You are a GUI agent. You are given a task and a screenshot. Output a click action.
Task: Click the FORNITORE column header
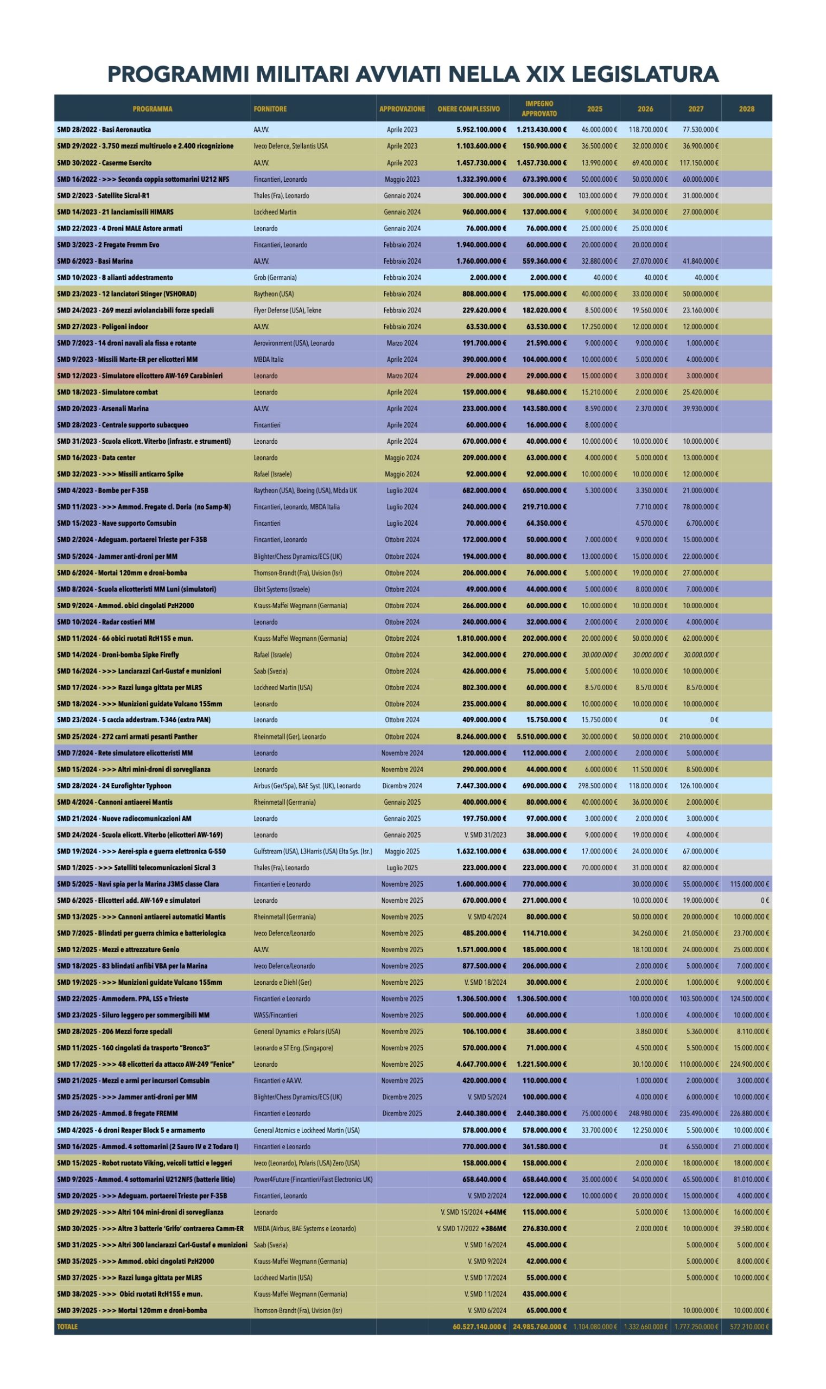point(270,109)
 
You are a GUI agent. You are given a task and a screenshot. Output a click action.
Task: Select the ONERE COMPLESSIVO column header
point(469,109)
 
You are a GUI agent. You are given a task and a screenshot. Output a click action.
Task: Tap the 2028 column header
point(746,109)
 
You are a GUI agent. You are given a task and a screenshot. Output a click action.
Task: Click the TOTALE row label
point(67,1327)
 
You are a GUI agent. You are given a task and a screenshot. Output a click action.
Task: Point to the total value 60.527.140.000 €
point(479,1327)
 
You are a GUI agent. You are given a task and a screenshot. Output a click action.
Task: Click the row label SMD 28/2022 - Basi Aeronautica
point(104,130)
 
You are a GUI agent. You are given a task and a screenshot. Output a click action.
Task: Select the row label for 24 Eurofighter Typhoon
point(114,786)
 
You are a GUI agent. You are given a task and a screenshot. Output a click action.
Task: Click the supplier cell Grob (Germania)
point(275,278)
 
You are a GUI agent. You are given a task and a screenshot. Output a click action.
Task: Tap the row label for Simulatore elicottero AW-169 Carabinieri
point(139,376)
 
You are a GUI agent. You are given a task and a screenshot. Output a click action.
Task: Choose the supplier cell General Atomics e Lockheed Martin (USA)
point(306,1130)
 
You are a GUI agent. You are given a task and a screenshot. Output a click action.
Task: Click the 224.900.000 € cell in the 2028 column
point(749,1065)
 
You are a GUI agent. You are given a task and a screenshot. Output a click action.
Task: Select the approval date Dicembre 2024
point(402,786)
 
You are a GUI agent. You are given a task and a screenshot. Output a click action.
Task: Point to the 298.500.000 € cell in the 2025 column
point(597,786)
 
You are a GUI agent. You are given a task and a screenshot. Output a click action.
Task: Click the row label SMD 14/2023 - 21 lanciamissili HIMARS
point(115,212)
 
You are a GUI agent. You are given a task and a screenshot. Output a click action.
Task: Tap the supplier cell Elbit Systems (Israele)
point(282,589)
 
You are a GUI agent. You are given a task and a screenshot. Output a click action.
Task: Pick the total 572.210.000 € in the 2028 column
point(749,1327)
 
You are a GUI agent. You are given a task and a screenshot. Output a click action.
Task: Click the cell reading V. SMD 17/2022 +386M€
point(472,1228)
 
